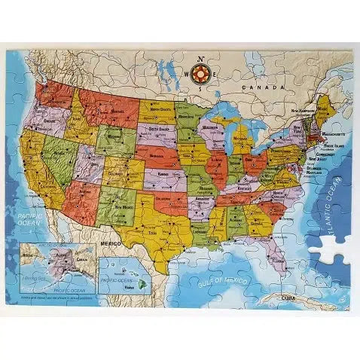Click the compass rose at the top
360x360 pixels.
point(200,74)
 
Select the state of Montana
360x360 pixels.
point(109,111)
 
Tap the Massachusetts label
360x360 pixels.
point(334,133)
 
